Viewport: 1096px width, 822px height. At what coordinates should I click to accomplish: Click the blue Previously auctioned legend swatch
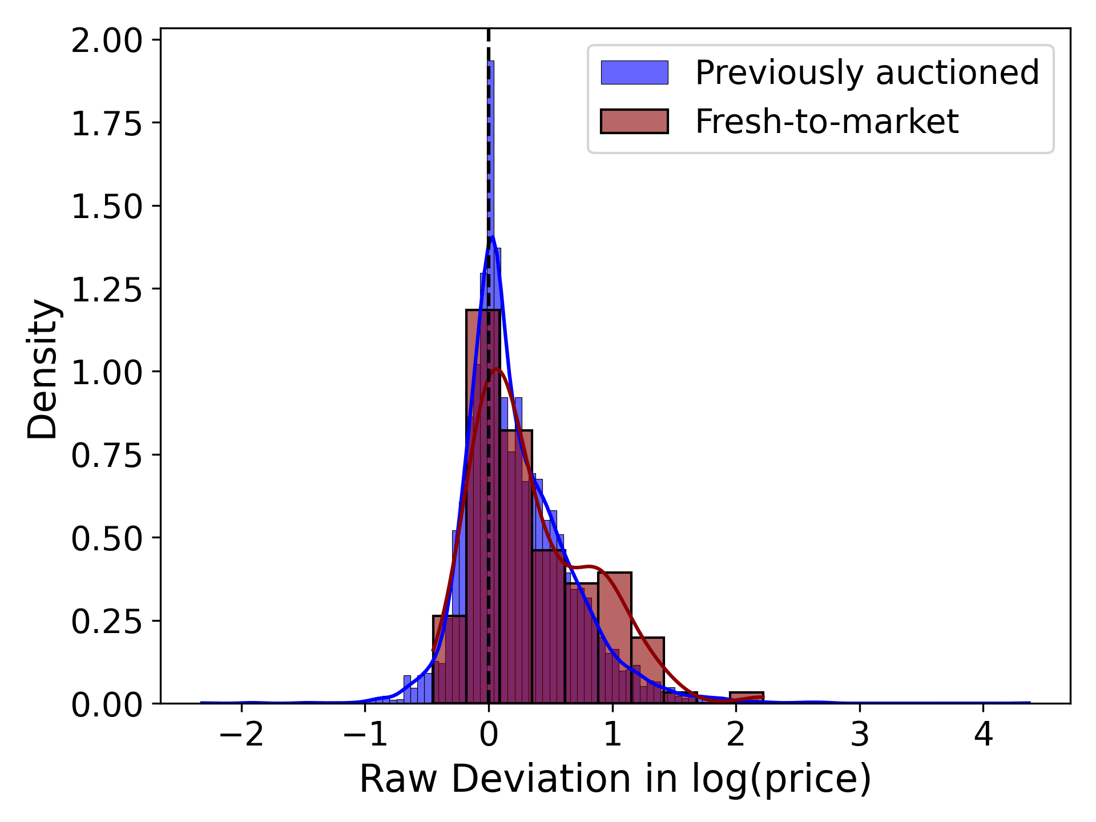pyautogui.click(x=634, y=72)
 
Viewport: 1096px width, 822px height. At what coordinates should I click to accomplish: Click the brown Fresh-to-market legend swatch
pyautogui.click(x=634, y=121)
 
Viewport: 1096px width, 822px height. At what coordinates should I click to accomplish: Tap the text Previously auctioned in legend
pyautogui.click(x=867, y=72)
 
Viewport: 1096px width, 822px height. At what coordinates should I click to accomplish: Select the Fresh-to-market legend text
pyautogui.click(x=826, y=121)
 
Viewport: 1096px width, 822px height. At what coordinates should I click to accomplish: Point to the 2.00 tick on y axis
pyautogui.click(x=106, y=41)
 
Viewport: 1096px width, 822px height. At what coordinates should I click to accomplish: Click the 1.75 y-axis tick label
pyautogui.click(x=106, y=123)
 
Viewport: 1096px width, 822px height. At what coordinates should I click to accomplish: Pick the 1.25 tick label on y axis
pyautogui.click(x=106, y=289)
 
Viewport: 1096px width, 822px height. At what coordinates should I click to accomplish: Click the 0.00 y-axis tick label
pyautogui.click(x=106, y=704)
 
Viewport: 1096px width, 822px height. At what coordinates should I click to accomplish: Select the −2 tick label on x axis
pyautogui.click(x=241, y=734)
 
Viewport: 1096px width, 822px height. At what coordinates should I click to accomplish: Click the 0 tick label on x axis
pyautogui.click(x=489, y=734)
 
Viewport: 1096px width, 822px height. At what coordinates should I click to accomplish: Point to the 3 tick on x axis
pyautogui.click(x=860, y=734)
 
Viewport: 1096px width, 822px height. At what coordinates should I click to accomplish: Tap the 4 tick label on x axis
pyautogui.click(x=983, y=734)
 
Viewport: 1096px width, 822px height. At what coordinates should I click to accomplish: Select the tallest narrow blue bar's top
pyautogui.click(x=491, y=63)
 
